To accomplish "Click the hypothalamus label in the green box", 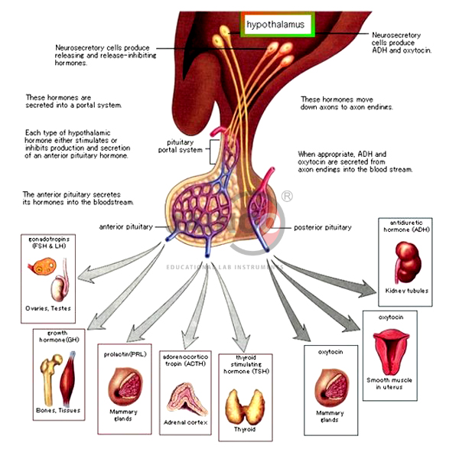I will tap(275, 25).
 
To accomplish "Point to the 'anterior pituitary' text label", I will tap(126, 226).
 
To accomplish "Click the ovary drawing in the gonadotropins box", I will tap(40, 267).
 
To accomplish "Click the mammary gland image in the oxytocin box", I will tap(330, 386).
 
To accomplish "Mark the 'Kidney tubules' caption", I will tap(408, 291).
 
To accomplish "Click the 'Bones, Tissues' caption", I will tap(59, 411).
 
